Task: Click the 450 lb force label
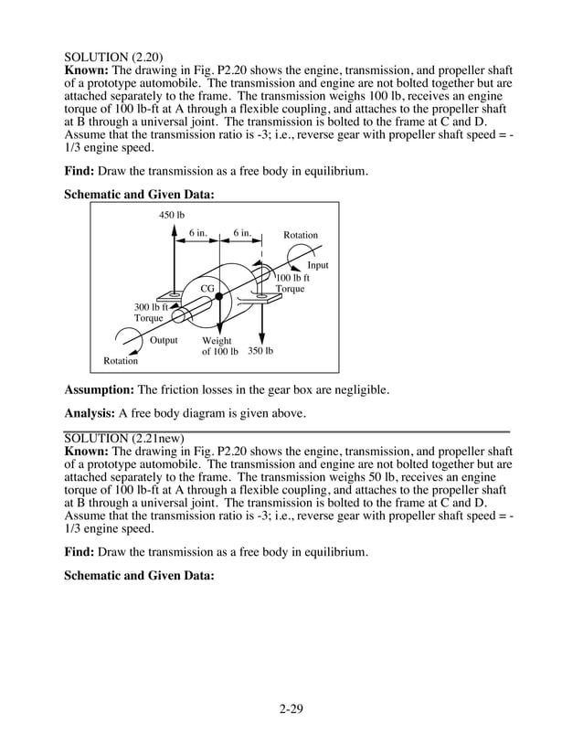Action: tap(172, 215)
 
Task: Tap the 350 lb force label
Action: tap(260, 350)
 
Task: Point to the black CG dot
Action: tap(219, 296)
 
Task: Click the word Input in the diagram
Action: tap(317, 265)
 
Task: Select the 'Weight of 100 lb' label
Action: tap(219, 346)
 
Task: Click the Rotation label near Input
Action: tap(301, 235)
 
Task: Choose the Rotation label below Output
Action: tap(121, 361)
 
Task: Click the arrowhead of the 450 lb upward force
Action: tap(174, 229)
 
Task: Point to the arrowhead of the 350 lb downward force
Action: tap(262, 337)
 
